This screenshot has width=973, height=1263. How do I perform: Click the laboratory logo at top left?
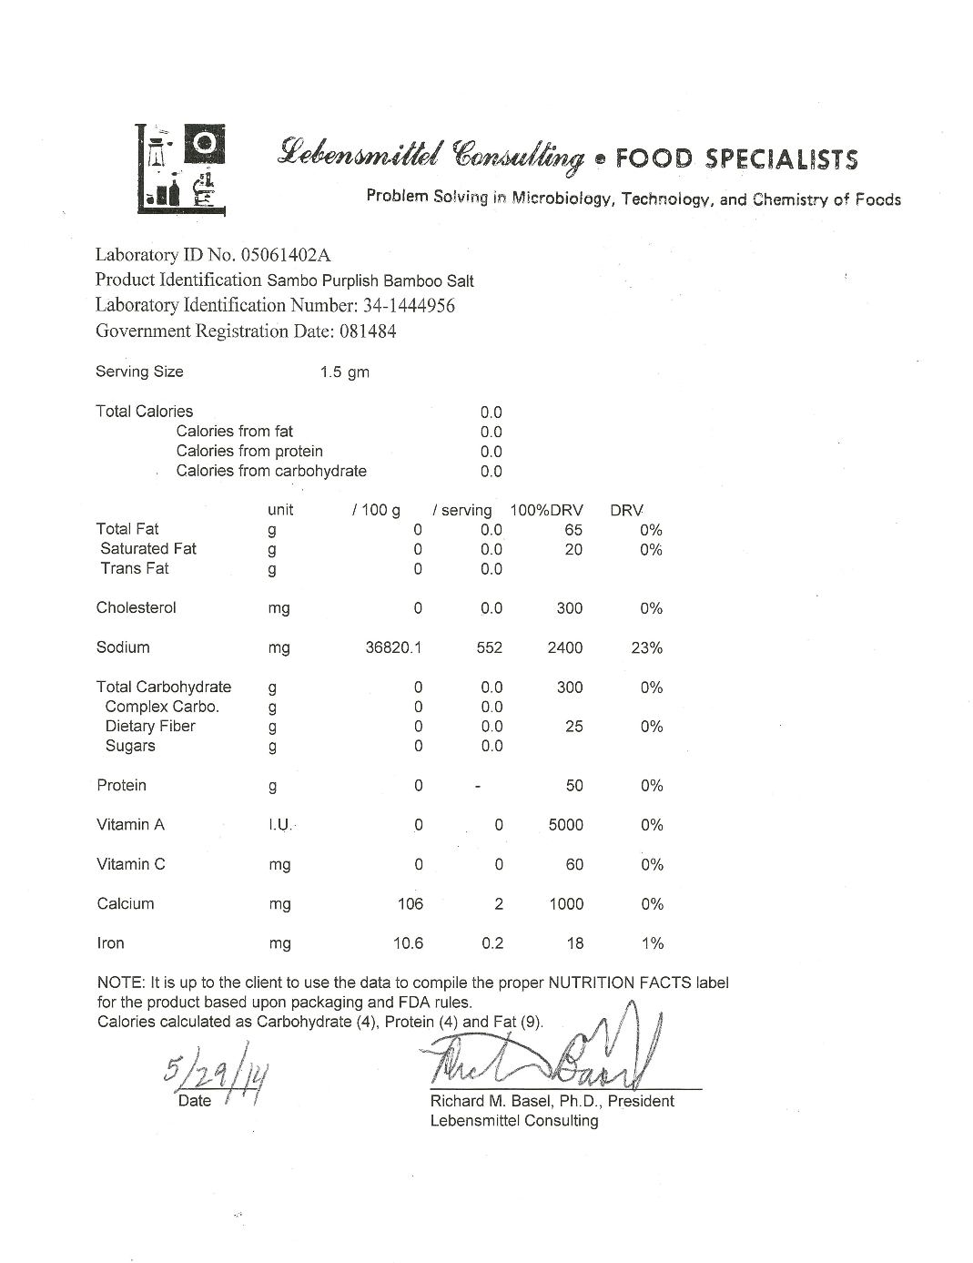(180, 168)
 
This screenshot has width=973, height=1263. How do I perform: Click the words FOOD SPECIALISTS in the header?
(736, 159)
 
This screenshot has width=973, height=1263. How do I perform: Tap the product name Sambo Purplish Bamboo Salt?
(370, 280)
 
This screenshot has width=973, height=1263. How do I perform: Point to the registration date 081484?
(368, 331)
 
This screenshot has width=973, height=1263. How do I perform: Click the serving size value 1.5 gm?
(345, 372)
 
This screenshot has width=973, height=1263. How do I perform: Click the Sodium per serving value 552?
(490, 648)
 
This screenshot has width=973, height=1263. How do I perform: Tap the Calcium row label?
(126, 904)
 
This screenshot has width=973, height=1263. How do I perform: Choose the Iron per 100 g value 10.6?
(408, 943)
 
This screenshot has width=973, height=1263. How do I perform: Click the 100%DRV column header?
(546, 510)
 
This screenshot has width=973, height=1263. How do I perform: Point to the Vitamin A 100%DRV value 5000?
(565, 825)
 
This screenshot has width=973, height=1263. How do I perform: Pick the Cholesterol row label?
(137, 608)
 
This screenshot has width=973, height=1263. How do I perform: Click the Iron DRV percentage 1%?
(652, 943)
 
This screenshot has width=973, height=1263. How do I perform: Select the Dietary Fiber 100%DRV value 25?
(573, 727)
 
